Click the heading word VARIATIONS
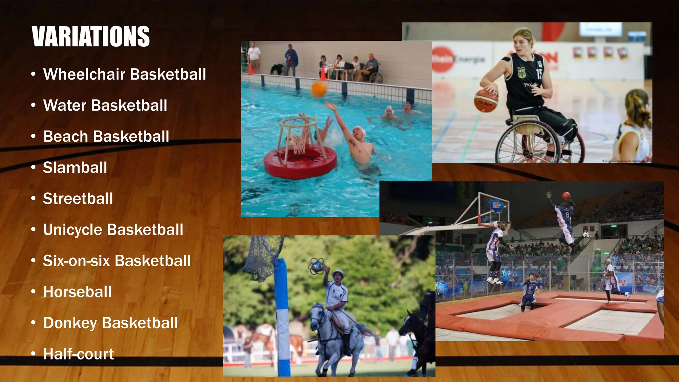(91, 36)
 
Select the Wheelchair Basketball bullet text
(124, 74)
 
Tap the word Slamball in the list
(75, 167)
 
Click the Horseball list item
(77, 292)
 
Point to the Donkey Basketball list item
(110, 323)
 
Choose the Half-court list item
(79, 354)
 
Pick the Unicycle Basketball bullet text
(113, 229)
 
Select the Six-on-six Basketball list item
(117, 261)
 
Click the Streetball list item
(78, 199)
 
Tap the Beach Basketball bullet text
(106, 136)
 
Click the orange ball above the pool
(319, 89)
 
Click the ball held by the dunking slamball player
(566, 196)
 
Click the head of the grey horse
(317, 313)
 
